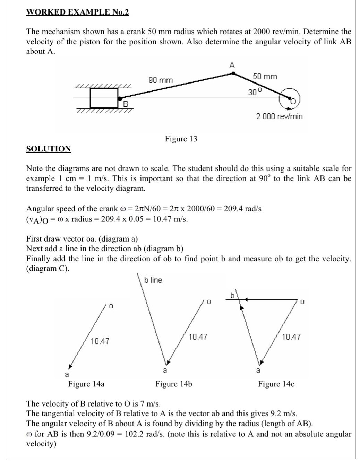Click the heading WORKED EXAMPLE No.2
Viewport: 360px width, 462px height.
(77, 12)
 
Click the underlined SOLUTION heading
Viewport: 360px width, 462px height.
(49, 149)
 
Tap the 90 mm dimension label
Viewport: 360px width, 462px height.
(161, 80)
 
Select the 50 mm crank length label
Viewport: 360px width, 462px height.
(265, 76)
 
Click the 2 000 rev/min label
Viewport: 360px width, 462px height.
(279, 116)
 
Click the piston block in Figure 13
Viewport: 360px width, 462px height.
(104, 98)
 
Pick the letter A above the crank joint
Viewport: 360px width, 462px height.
(232, 65)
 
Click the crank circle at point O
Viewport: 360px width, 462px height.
(290, 100)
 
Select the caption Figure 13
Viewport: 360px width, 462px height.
(181, 139)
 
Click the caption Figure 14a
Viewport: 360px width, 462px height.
(86, 384)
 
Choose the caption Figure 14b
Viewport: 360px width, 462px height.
(174, 384)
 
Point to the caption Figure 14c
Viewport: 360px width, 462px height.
(276, 384)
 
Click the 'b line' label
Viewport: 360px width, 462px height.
(153, 280)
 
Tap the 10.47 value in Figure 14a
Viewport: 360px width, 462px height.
(100, 341)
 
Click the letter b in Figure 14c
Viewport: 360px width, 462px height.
(233, 295)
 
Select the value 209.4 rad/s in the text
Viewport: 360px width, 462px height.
(242, 209)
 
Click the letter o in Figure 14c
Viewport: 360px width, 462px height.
(302, 302)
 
